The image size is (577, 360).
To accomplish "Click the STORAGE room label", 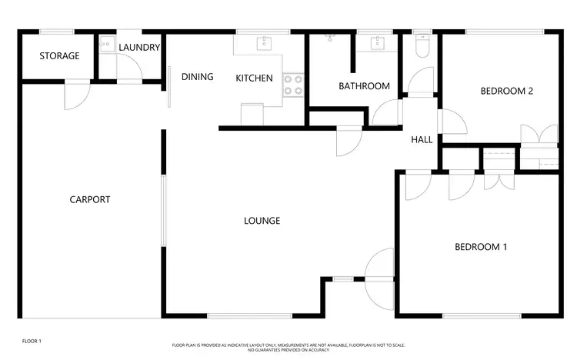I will tap(59, 56).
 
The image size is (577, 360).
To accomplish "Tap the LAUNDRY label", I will tap(139, 48).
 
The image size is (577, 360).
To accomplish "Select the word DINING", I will tap(197, 77).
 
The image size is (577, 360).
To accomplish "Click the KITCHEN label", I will tap(254, 78).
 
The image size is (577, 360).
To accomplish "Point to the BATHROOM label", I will tap(364, 86).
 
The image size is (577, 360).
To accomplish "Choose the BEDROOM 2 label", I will tap(506, 91).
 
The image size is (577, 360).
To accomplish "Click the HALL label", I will tap(422, 140).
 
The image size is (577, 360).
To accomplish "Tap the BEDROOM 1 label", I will tap(481, 247).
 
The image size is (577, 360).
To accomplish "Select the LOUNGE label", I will tap(262, 221).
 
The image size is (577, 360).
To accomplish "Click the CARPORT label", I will tap(90, 199).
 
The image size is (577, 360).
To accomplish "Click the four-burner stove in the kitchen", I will tap(293, 85).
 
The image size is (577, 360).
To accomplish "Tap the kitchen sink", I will tap(263, 42).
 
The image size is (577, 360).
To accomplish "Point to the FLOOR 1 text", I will tap(32, 340).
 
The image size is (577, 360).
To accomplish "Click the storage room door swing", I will tap(78, 96).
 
